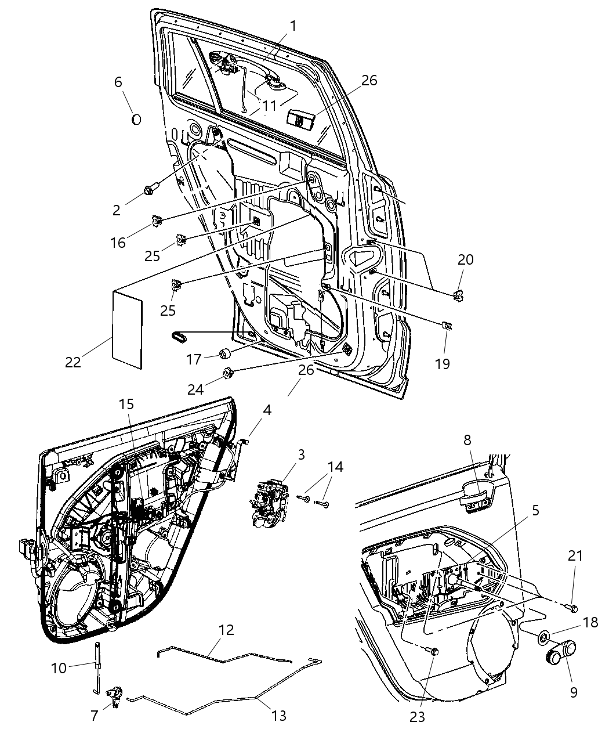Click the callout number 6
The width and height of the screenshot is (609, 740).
(x=118, y=82)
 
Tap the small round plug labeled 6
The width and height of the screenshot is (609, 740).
(x=136, y=119)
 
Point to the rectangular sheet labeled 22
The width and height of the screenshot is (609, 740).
(x=126, y=329)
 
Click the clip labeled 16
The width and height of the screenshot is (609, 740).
(x=156, y=220)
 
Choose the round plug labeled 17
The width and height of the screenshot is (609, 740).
(x=225, y=353)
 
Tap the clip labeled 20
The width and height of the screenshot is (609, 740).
(x=459, y=294)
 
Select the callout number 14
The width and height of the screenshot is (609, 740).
(x=335, y=467)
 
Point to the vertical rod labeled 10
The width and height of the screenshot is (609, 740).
(x=96, y=667)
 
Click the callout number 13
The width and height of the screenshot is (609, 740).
(x=279, y=716)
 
